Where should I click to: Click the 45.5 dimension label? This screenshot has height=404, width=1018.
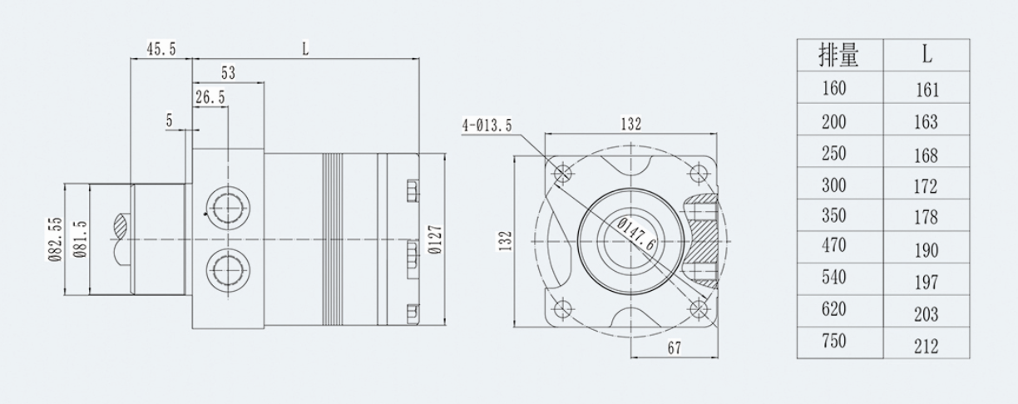tap(161, 50)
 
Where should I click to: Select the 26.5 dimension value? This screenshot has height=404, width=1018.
tap(210, 97)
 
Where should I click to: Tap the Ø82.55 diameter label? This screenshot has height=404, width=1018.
tap(56, 239)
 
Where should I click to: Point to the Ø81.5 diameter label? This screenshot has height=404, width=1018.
tap(80, 239)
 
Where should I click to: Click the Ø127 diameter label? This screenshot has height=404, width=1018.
tap(434, 239)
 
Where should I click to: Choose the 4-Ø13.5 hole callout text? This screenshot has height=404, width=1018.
tap(487, 126)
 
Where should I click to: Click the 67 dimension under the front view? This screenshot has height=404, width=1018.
tap(675, 349)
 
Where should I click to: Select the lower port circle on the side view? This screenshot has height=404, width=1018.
tap(227, 268)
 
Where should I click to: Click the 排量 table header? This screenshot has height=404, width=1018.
tap(838, 57)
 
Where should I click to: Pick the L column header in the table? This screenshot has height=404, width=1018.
tap(926, 57)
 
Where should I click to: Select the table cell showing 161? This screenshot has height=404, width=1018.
tap(926, 90)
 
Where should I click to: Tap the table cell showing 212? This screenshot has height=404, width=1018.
tap(926, 345)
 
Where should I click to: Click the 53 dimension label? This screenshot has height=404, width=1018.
tap(228, 73)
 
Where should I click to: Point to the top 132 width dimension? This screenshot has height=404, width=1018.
tap(631, 124)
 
